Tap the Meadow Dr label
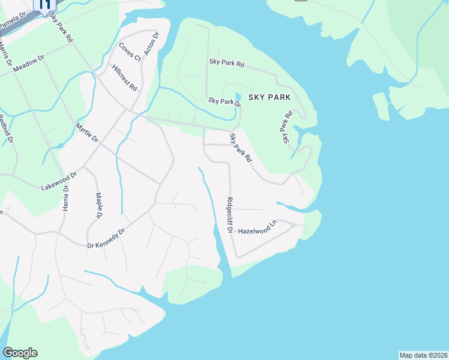click(29, 65)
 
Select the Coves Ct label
click(129, 52)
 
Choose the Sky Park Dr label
click(224, 102)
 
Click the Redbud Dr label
click(5, 129)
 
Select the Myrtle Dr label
click(87, 132)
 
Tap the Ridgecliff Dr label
click(229, 215)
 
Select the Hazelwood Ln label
click(258, 227)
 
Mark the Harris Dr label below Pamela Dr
click(6, 52)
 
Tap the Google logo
click(20, 353)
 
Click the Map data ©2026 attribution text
click(423, 355)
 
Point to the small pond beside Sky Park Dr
click(238, 97)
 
